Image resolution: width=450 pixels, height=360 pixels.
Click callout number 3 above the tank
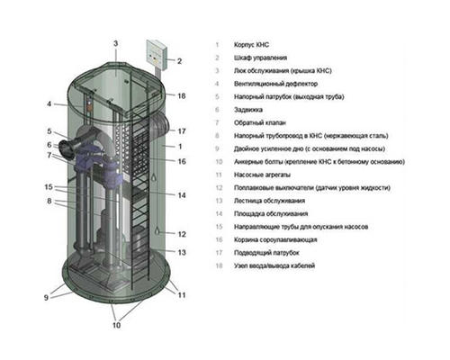116,43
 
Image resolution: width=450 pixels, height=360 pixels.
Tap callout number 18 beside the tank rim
182,96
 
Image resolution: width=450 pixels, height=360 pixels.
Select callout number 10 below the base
116,325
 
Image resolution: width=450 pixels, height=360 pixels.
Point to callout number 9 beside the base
46,297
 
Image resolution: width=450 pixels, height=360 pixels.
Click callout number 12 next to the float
182,234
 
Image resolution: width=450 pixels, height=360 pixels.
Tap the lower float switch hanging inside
157,231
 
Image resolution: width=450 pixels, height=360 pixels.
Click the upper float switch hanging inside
154,178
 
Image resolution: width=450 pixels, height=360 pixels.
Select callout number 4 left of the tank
49,103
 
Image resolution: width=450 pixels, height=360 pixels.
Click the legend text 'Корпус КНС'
251,45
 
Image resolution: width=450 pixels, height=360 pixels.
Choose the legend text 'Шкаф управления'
260,58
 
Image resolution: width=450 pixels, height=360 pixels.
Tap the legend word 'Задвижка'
248,110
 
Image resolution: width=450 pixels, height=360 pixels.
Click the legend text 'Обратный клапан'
260,122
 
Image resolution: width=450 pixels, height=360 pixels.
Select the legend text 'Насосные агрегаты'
262,175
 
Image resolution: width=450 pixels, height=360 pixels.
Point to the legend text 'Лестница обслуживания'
269,201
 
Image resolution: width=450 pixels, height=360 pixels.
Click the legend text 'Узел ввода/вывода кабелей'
274,265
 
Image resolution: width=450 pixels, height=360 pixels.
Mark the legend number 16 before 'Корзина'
219,239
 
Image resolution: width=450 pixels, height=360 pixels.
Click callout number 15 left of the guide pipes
49,187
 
